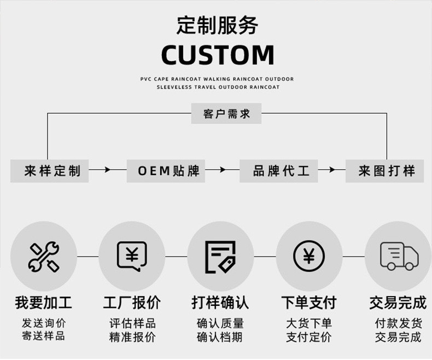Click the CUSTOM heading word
pyautogui.click(x=217, y=55)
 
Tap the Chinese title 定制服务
pyautogui.click(x=217, y=25)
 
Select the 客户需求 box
pyautogui.click(x=226, y=114)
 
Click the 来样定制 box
pyautogui.click(x=50, y=171)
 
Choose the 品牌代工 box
pyautogui.click(x=279, y=171)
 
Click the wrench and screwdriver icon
pyautogui.click(x=44, y=257)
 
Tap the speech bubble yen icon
pyautogui.click(x=132, y=257)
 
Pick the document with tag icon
pyautogui.click(x=220, y=257)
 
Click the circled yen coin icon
pyautogui.click(x=308, y=257)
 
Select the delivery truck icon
pyautogui.click(x=398, y=257)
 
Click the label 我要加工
pyautogui.click(x=43, y=302)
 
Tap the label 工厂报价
pyautogui.click(x=132, y=302)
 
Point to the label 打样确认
pyautogui.click(x=220, y=302)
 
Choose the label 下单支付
pyautogui.click(x=308, y=302)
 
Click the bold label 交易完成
pyautogui.click(x=398, y=302)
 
